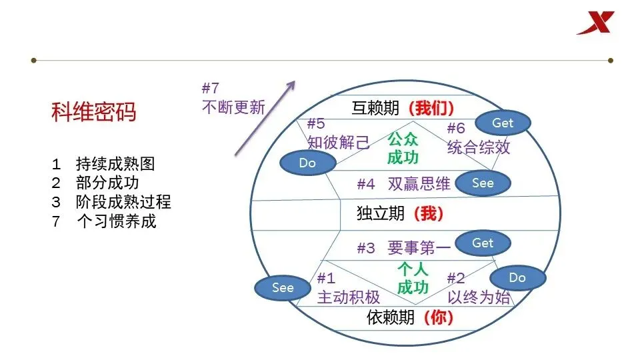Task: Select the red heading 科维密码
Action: pos(93,112)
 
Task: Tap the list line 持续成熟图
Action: pos(116,164)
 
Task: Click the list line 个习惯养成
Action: pos(116,221)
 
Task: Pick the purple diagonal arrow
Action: pos(265,118)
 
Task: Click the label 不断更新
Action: pos(233,107)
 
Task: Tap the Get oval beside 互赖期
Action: pos(503,123)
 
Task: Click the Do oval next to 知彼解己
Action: pos(307,163)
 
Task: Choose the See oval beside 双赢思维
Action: pos(483,183)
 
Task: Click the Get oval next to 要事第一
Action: pos(483,243)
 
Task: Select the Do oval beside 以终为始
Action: pos(517,277)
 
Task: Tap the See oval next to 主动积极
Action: pos(283,288)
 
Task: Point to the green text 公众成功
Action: pos(403,149)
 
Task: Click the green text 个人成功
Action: pos(413,279)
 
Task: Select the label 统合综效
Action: pos(479,147)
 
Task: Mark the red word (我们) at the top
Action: pos(431,108)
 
